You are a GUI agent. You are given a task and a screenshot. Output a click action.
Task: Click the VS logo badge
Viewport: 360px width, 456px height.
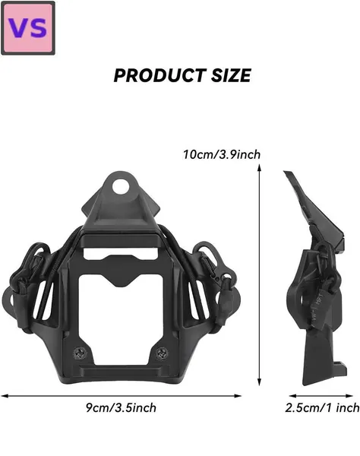[28, 28]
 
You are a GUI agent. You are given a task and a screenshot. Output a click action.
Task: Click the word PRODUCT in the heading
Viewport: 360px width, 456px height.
[159, 75]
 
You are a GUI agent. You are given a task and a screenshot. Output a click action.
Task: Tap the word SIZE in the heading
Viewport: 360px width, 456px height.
[231, 75]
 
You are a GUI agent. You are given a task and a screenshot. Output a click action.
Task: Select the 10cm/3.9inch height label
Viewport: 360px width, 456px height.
[222, 154]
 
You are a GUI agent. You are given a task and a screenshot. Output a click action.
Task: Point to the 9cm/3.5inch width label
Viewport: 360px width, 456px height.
[121, 407]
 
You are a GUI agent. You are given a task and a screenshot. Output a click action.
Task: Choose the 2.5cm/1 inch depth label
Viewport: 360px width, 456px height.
[322, 407]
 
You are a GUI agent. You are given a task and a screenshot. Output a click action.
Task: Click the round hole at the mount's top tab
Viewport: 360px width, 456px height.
[120, 186]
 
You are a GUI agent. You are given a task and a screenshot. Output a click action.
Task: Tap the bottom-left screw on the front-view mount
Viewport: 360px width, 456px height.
[80, 353]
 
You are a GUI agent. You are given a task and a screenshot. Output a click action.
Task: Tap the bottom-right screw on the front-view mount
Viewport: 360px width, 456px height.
[162, 353]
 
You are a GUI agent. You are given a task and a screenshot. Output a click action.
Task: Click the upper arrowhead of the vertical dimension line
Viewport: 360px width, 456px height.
[260, 167]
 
